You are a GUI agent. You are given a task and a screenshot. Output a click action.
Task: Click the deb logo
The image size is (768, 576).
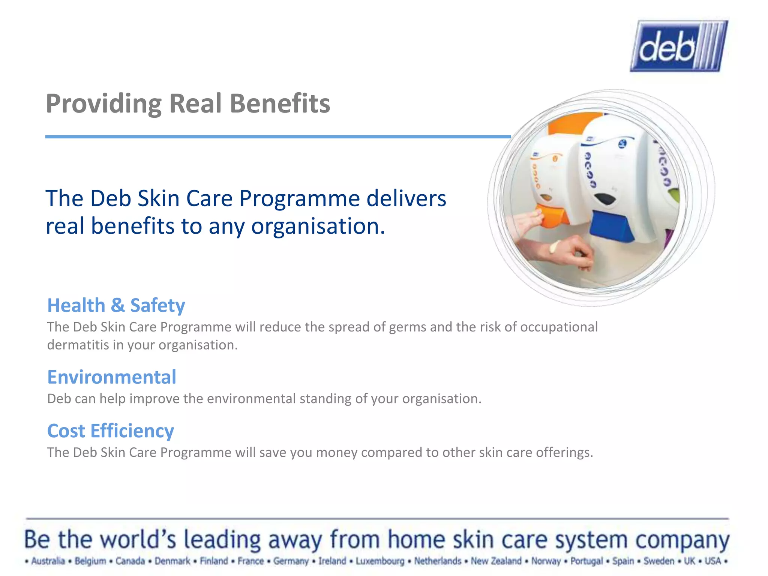(679, 46)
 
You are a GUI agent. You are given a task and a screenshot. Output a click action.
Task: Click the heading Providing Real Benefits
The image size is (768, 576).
(188, 103)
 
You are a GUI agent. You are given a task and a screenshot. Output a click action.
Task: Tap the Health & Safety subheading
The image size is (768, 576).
(116, 305)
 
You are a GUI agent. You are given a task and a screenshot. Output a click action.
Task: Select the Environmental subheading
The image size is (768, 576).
(112, 377)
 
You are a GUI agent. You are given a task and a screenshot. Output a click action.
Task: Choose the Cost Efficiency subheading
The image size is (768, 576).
(111, 430)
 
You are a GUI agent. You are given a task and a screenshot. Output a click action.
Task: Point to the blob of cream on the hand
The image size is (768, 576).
(554, 247)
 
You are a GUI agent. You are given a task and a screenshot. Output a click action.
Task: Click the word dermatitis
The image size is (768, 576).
(78, 345)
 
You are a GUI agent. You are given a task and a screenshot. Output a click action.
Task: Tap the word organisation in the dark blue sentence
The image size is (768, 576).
(318, 226)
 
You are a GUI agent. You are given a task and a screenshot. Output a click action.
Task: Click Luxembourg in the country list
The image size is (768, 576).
(380, 561)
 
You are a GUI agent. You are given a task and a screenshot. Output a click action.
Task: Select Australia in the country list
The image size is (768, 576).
(48, 561)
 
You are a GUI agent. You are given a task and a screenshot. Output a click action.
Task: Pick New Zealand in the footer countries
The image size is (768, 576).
(496, 561)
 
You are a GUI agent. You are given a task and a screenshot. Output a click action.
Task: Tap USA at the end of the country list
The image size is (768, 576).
(712, 561)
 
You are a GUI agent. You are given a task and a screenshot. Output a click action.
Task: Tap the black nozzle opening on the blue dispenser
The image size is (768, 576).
(604, 199)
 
